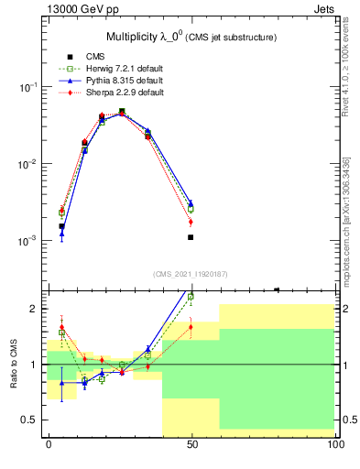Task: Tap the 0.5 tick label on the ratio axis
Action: [28, 420]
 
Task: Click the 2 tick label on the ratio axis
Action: [34, 309]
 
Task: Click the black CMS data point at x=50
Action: [191, 237]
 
